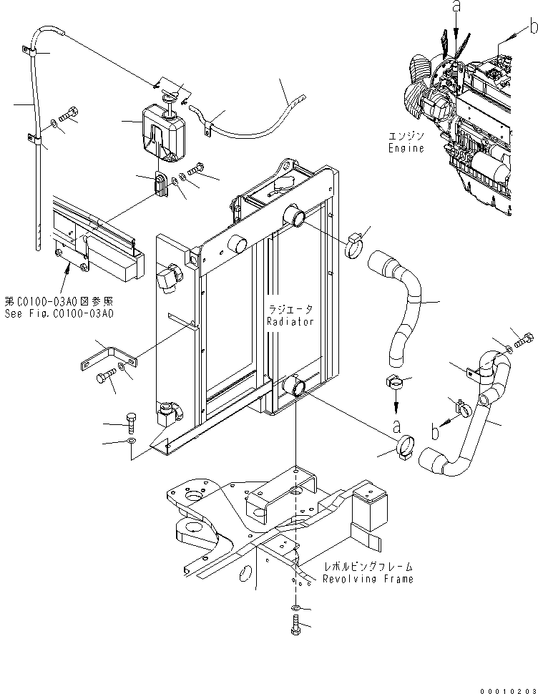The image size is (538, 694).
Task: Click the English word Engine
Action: [406, 148]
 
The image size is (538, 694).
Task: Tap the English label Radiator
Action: [290, 322]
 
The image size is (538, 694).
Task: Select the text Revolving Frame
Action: [367, 579]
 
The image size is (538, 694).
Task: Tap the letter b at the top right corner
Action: [532, 27]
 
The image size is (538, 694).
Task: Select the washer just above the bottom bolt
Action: [296, 608]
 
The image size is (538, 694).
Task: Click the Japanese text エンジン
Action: [406, 135]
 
